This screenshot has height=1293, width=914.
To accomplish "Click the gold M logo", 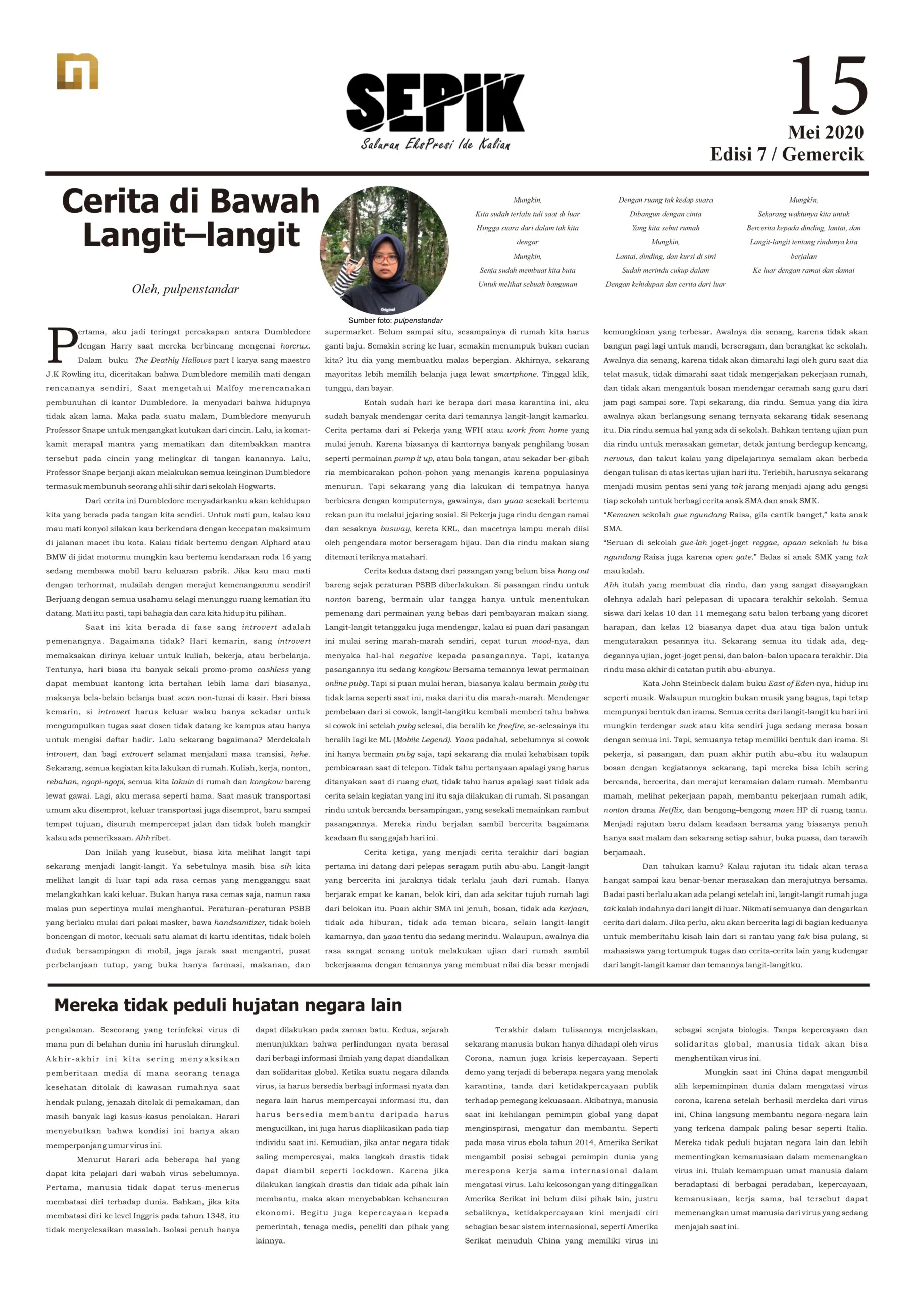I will [x=77, y=72].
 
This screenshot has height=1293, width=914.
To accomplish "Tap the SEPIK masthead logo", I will [x=435, y=103].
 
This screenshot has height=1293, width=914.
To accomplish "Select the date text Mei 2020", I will [x=825, y=132].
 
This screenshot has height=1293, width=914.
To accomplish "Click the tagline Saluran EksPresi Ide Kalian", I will [x=435, y=145].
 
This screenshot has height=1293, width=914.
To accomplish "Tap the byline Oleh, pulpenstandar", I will [x=185, y=289].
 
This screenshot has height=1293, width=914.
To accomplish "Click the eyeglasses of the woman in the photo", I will [x=385, y=258].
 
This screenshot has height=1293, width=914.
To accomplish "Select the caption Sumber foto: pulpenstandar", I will [x=395, y=320].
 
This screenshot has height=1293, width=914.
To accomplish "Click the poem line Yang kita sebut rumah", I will [x=665, y=228].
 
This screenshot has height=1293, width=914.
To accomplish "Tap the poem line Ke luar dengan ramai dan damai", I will [x=803, y=270].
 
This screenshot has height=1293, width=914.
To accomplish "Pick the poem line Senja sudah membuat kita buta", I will [x=527, y=270].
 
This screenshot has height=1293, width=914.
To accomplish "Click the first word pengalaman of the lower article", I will [x=69, y=1030].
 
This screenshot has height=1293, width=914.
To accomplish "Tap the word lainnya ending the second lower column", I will [x=270, y=1240].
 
